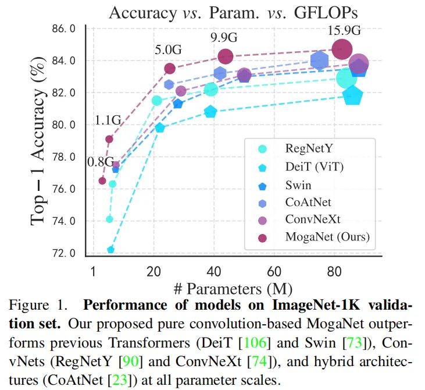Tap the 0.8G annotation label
coord(101,162)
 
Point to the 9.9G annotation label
coord(224,38)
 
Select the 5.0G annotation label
coord(169,50)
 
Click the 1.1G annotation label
coord(108,121)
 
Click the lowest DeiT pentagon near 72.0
coord(110,250)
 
